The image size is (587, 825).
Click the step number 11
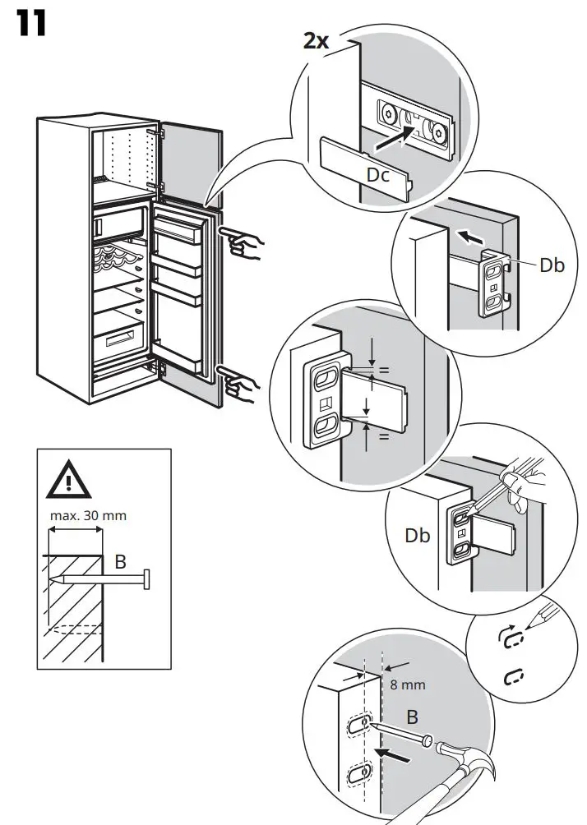coord(30,24)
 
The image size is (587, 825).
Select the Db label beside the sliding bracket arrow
coord(552,265)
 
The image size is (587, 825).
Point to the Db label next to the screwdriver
coord(417,536)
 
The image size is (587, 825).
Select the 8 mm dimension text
coord(408,684)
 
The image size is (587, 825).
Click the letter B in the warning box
coord(119,562)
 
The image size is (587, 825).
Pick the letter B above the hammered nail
coord(412,717)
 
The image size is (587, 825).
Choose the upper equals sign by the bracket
coord(382,371)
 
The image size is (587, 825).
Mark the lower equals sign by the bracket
coord(382,436)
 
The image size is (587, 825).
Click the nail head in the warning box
coord(146,580)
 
